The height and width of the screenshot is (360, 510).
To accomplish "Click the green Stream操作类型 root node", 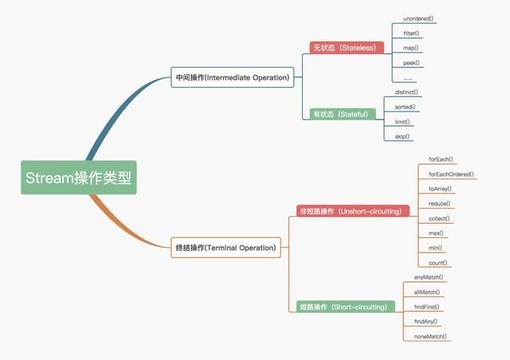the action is [x=79, y=178].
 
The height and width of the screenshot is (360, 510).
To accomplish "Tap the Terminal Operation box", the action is [x=226, y=248].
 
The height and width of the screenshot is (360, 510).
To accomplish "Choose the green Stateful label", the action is [x=341, y=114].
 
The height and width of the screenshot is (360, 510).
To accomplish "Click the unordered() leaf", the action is [x=419, y=18].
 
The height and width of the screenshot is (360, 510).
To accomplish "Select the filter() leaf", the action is [x=412, y=33].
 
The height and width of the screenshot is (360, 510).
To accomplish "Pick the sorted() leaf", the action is [x=406, y=107].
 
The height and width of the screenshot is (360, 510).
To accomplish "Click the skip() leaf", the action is [x=402, y=136].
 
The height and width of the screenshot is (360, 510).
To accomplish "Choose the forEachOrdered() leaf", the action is [x=451, y=174].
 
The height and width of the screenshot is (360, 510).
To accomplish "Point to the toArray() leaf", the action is [x=440, y=189].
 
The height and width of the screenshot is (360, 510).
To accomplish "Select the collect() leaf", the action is [x=439, y=218].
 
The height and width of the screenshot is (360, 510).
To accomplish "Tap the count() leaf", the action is [x=437, y=263].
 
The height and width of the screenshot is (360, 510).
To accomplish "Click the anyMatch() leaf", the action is [x=430, y=277].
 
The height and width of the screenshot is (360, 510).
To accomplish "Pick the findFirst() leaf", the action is [x=427, y=307].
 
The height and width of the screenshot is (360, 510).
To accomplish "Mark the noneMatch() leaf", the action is [x=431, y=336].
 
